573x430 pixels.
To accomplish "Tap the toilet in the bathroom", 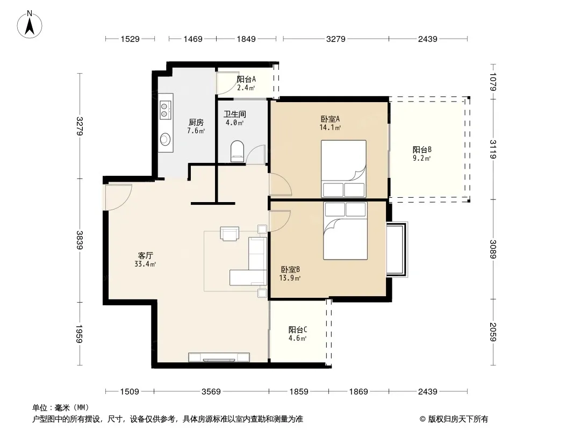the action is (x=237, y=151).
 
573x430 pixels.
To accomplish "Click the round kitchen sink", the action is (x=165, y=139).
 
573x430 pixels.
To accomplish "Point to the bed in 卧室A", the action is (x=343, y=169).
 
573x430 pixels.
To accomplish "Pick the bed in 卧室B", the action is (x=345, y=231).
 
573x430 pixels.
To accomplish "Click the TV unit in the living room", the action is (x=219, y=357).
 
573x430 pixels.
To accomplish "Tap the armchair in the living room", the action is (x=230, y=233).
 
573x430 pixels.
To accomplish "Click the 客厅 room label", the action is (x=145, y=255).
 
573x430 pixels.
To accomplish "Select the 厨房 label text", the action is (x=196, y=123).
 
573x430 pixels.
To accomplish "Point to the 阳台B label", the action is (x=422, y=149).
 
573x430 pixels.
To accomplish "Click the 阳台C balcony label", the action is (x=297, y=330).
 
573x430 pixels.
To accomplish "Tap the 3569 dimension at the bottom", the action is (x=211, y=392).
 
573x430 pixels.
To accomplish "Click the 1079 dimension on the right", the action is (x=493, y=82).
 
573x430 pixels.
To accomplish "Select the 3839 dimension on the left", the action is (x=80, y=240).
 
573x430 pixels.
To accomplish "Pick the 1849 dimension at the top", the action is (x=246, y=39).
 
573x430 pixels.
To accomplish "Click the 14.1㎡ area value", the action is (x=330, y=127).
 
